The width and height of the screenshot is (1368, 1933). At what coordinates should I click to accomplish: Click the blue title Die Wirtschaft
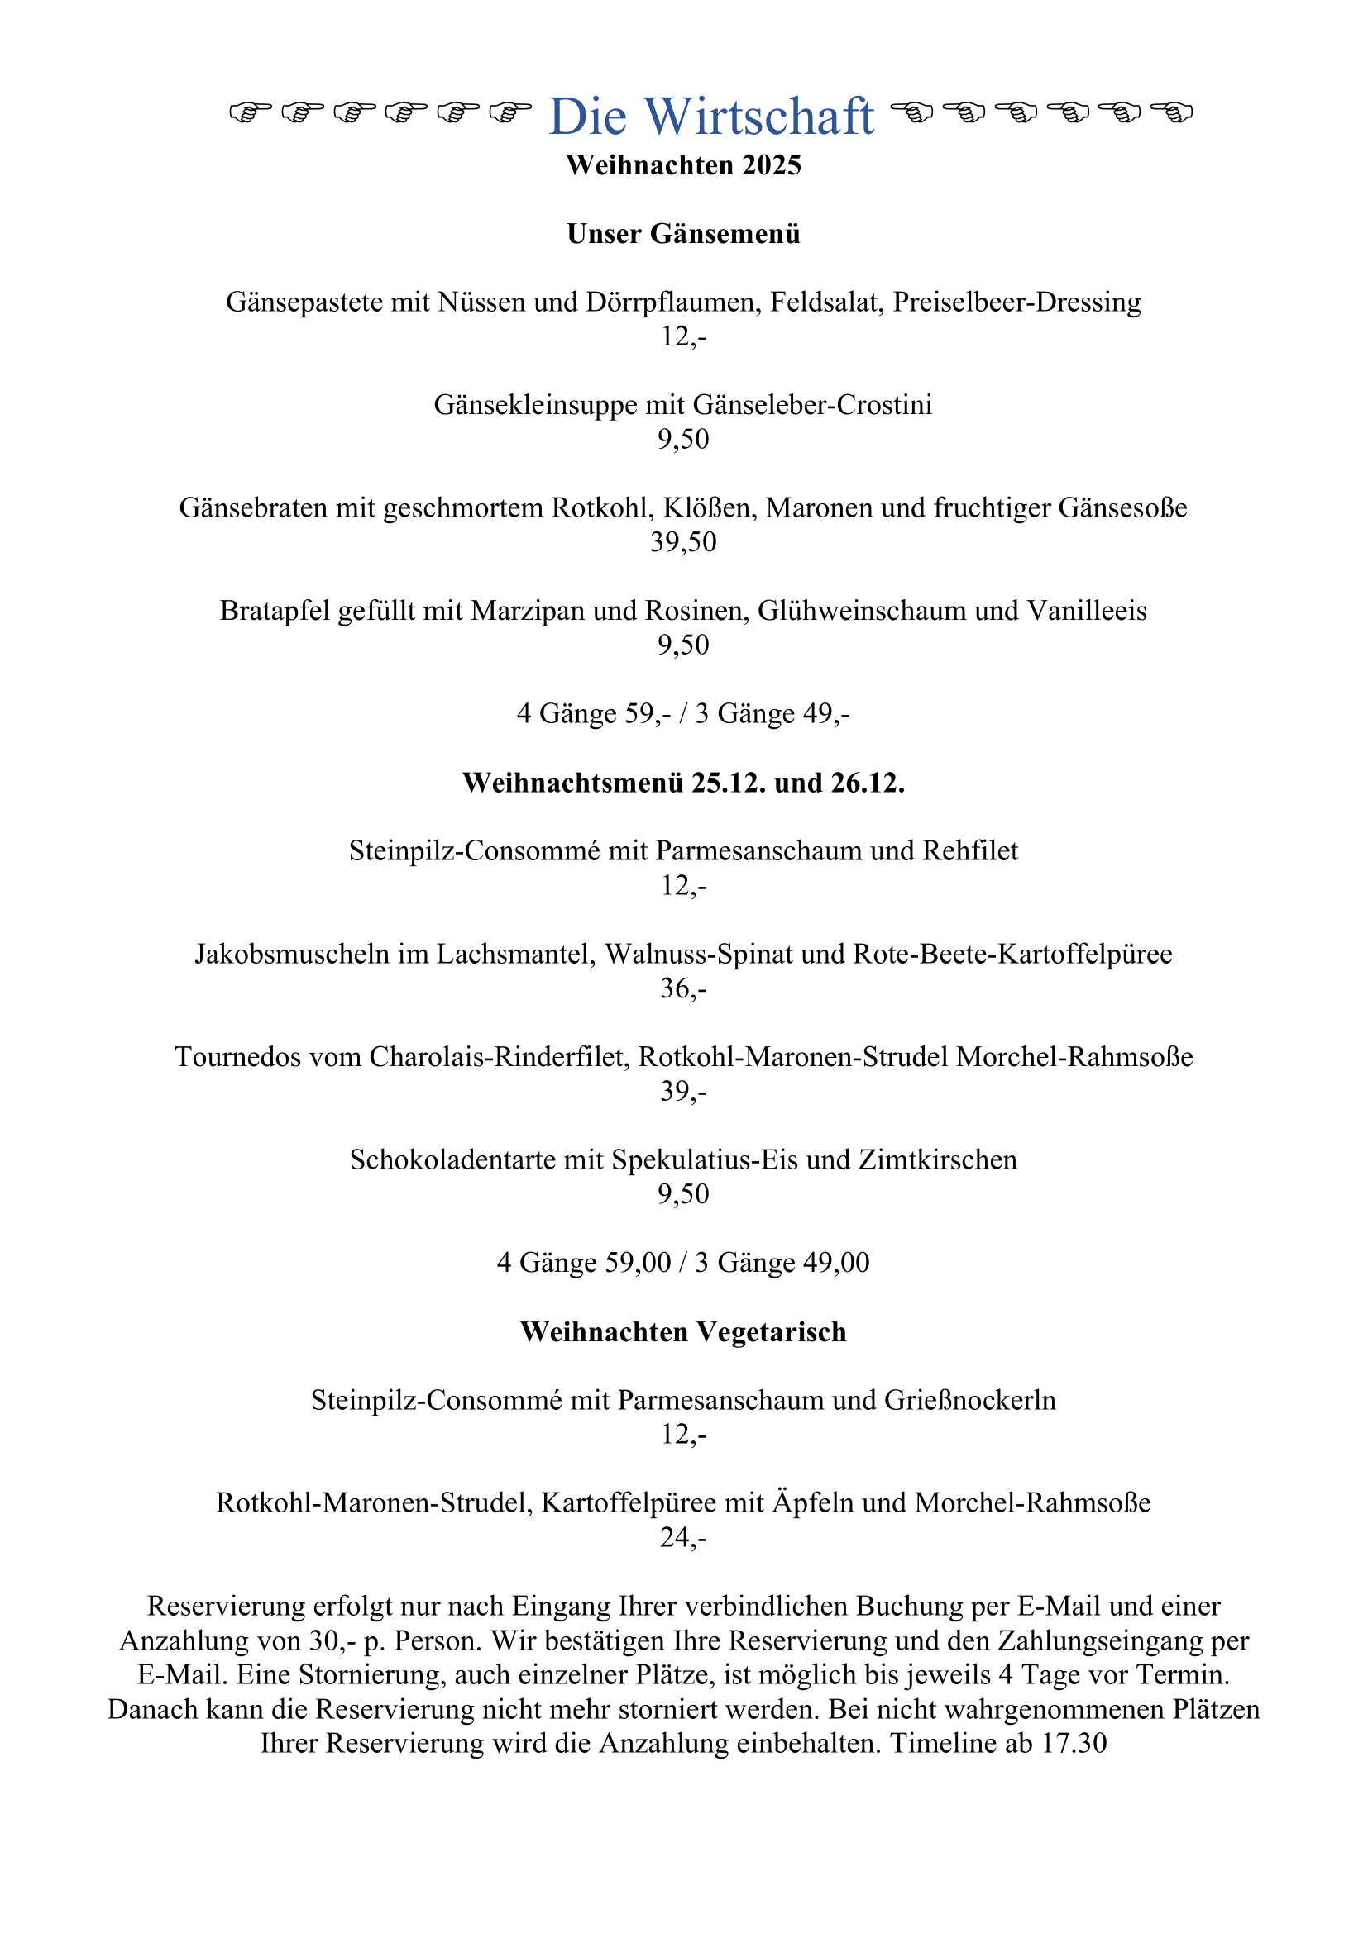711,117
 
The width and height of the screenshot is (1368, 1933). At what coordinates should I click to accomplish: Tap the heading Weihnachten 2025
683,165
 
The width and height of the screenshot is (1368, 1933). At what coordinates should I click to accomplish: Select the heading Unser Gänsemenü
683,234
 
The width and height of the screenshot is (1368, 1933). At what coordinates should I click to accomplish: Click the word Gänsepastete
304,302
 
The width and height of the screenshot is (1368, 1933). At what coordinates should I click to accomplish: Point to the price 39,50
683,541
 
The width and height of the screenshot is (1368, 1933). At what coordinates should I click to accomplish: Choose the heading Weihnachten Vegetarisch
683,1332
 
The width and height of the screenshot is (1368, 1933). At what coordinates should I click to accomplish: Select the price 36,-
683,988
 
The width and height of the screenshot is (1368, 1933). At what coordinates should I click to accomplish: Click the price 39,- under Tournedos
683,1091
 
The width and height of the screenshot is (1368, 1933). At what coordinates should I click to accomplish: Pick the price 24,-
683,1537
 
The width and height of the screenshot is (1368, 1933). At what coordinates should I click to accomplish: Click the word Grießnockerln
969,1400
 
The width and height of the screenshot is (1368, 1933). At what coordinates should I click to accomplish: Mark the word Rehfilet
969,851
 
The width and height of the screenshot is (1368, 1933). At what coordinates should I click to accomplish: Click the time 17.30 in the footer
1074,1743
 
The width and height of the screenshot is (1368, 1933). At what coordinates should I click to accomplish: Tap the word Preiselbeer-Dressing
1016,302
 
